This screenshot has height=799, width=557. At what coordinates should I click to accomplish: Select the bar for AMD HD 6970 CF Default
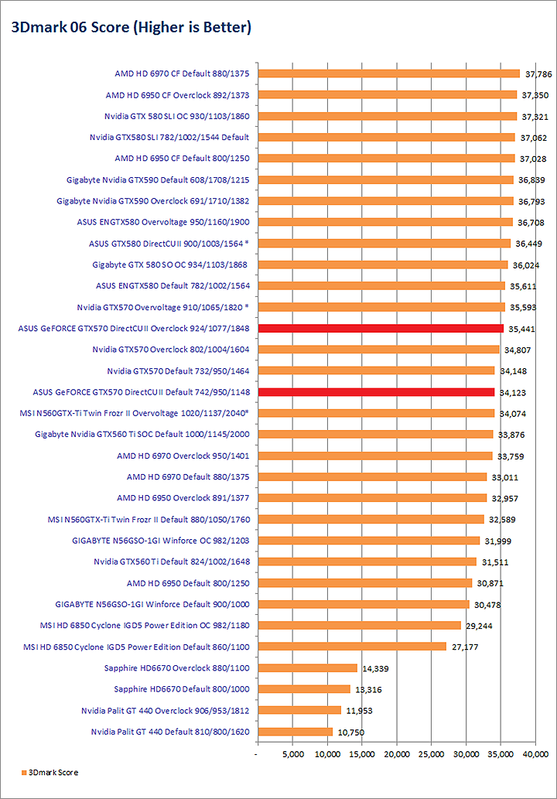pyautogui.click(x=388, y=74)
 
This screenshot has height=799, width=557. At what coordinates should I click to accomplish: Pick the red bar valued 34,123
pyautogui.click(x=375, y=392)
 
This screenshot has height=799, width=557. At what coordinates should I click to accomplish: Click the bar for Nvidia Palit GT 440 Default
pyautogui.click(x=295, y=731)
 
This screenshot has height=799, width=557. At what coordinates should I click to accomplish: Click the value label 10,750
pyautogui.click(x=351, y=732)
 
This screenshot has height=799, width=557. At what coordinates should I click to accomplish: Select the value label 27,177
pyautogui.click(x=464, y=647)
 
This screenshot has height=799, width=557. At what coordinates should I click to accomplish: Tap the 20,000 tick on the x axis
pyautogui.click(x=397, y=753)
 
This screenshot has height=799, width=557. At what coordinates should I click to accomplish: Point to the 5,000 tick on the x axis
pyautogui.click(x=292, y=753)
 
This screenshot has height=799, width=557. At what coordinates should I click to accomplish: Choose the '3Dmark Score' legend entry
pyautogui.click(x=50, y=773)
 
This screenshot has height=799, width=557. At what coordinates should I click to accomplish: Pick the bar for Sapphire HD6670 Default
pyautogui.click(x=303, y=689)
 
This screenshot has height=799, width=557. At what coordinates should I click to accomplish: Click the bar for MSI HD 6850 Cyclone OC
pyautogui.click(x=359, y=625)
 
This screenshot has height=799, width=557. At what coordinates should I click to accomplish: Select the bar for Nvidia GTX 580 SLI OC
pyautogui.click(x=387, y=117)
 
